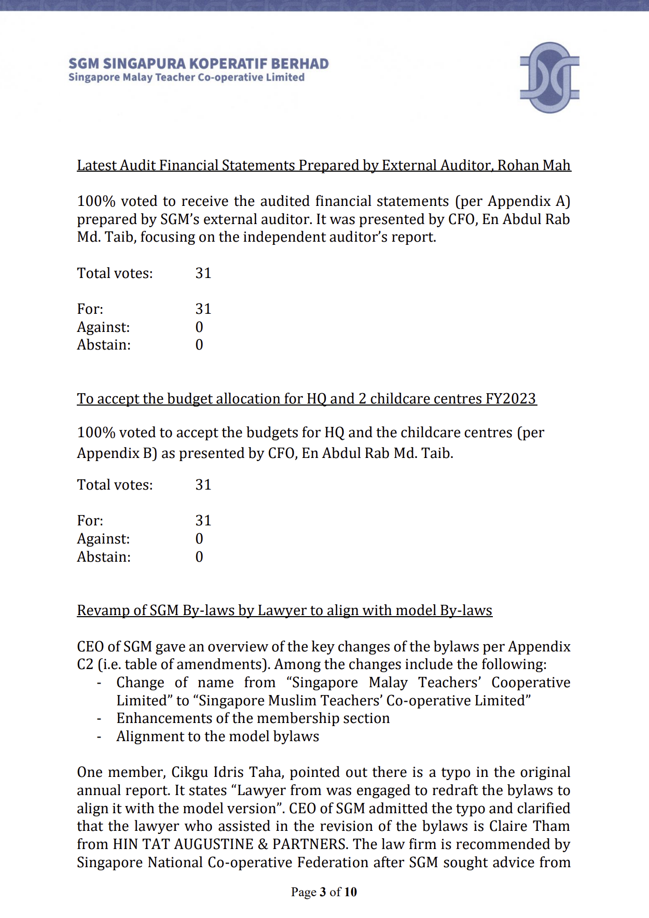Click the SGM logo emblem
click(x=549, y=77)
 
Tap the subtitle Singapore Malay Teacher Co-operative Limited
click(x=186, y=78)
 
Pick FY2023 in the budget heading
click(x=510, y=399)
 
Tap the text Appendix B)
click(x=117, y=453)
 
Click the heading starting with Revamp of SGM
click(x=284, y=610)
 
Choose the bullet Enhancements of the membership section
click(x=253, y=718)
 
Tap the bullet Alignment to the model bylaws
click(x=217, y=736)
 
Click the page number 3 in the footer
click(x=323, y=892)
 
